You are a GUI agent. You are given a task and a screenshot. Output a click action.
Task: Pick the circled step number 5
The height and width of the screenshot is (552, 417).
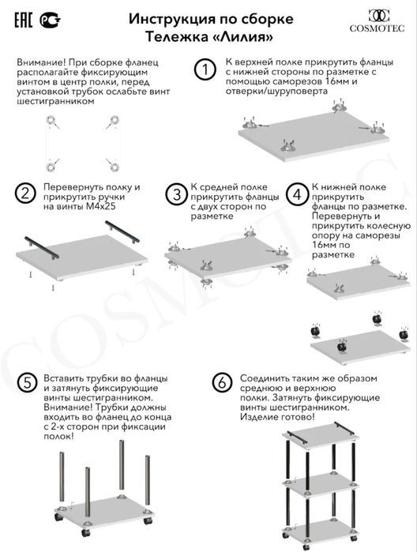pyautogui.click(x=27, y=382)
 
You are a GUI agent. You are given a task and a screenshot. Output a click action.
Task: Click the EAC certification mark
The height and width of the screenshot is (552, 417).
pyautogui.click(x=23, y=15)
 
